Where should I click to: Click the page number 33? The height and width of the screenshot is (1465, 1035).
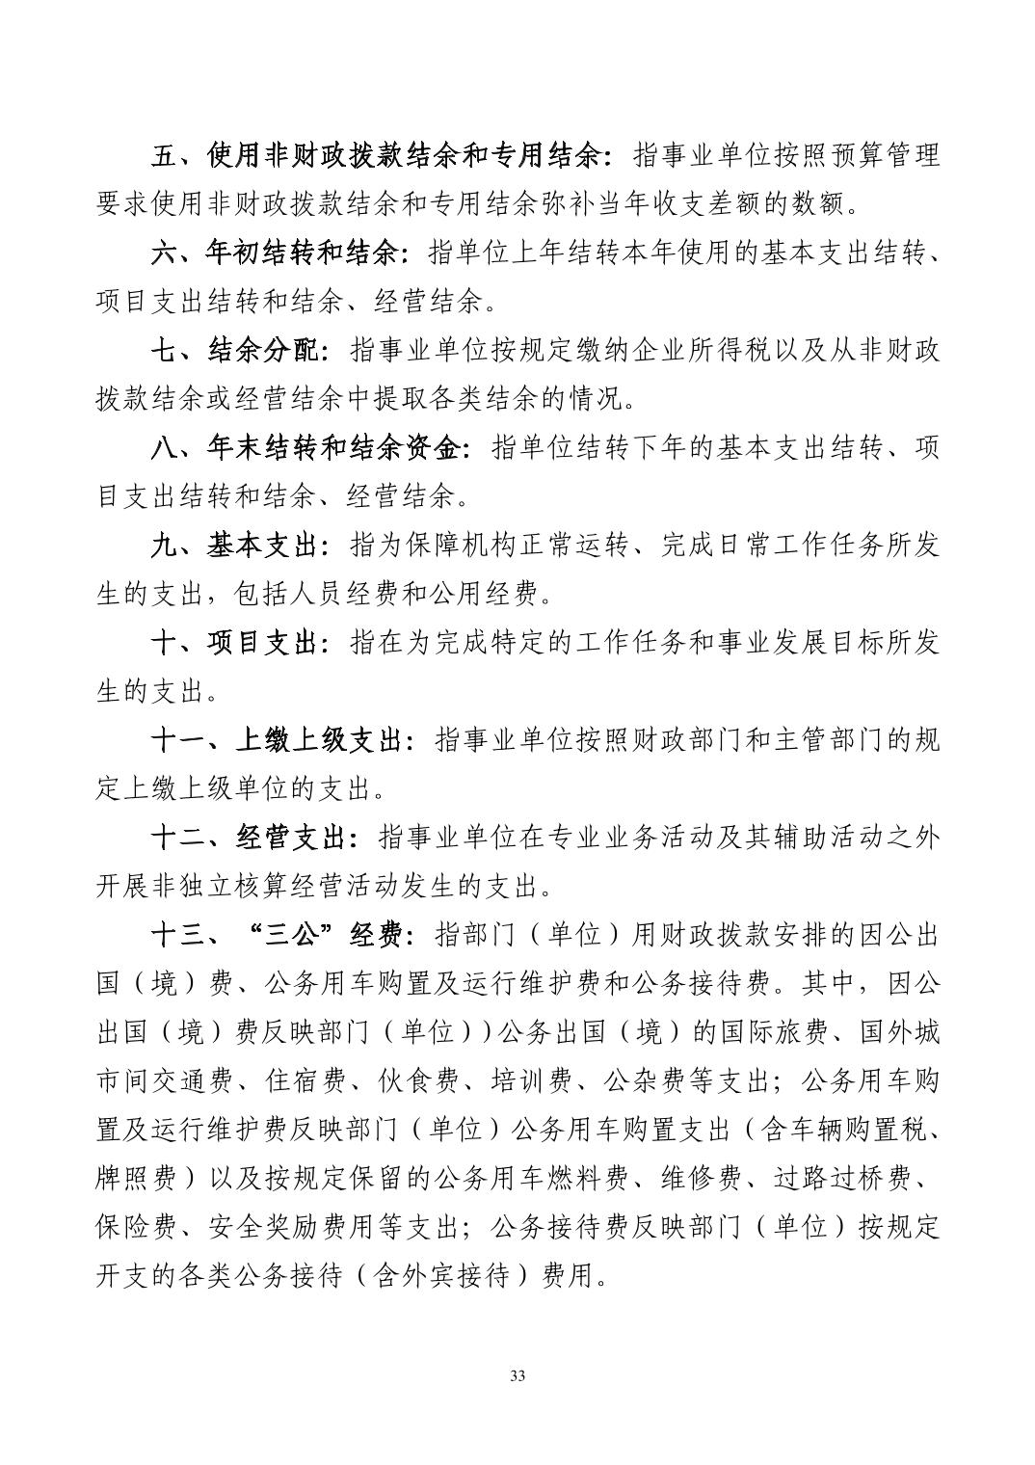pyautogui.click(x=517, y=1375)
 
